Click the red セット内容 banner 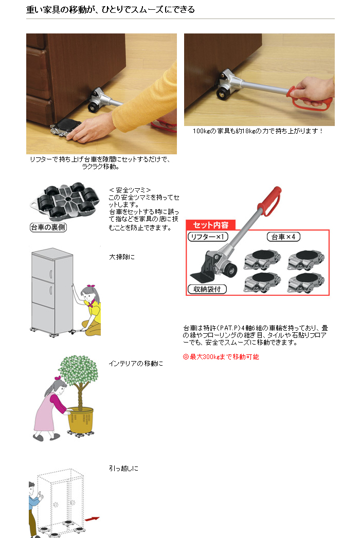(211, 225)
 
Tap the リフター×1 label (208, 237)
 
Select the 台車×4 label (283, 237)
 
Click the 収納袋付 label (207, 289)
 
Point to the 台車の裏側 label (48, 227)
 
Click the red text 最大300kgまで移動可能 (221, 357)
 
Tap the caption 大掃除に (122, 257)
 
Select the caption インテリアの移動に (136, 363)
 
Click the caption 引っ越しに (123, 469)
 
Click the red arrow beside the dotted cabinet (92, 519)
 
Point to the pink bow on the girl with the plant (58, 378)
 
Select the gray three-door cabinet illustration (52, 291)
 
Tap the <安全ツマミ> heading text (130, 190)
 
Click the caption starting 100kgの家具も (257, 131)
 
